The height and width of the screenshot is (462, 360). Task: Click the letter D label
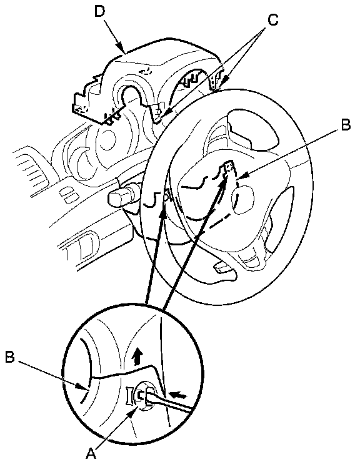[x=100, y=12]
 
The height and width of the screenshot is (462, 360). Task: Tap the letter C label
[x=273, y=20]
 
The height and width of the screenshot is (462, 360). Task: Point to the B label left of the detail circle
[x=10, y=357]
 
